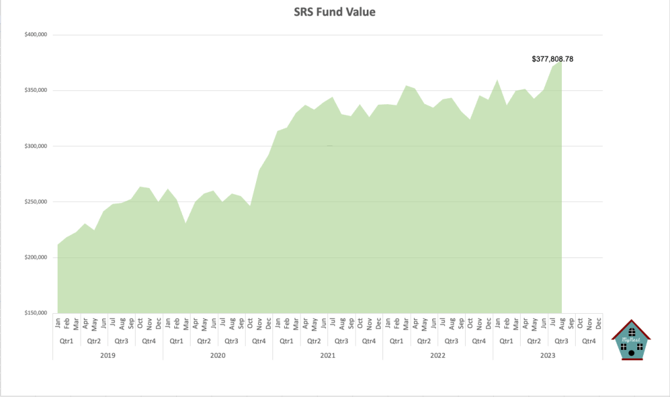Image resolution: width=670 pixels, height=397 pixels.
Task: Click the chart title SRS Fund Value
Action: (334, 12)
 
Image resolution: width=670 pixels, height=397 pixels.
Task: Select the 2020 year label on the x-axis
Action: (217, 354)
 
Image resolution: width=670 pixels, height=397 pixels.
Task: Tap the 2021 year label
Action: (327, 354)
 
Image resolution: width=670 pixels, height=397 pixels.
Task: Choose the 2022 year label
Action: (437, 354)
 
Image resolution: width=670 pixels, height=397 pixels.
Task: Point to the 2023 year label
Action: (548, 354)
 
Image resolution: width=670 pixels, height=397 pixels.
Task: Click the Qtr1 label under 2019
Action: (66, 341)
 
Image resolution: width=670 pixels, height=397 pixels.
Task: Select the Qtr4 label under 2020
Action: (259, 341)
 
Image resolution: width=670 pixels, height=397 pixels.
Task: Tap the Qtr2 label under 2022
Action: (424, 341)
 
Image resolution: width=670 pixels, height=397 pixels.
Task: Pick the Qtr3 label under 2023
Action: (561, 341)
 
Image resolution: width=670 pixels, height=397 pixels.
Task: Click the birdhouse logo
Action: (631, 340)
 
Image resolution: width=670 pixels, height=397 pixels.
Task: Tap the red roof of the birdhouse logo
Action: (631, 325)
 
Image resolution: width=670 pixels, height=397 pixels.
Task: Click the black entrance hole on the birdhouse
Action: (631, 353)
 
